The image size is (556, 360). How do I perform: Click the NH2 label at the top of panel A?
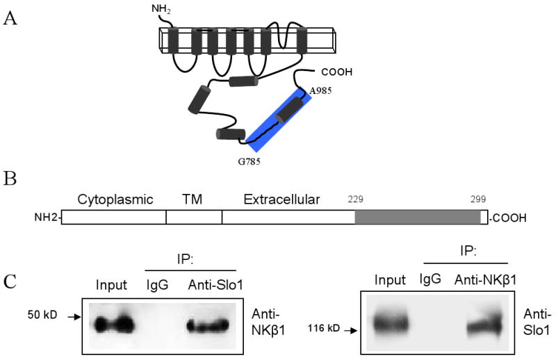[x=160, y=10]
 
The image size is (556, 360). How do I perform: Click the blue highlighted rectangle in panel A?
[x=281, y=122]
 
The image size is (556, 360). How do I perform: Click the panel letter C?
[x=10, y=283]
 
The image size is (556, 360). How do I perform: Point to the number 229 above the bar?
[x=356, y=198]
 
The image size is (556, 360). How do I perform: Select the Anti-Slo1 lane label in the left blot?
[x=211, y=286]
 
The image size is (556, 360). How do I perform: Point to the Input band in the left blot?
[x=113, y=323]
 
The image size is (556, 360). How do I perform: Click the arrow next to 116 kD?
[x=349, y=329]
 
